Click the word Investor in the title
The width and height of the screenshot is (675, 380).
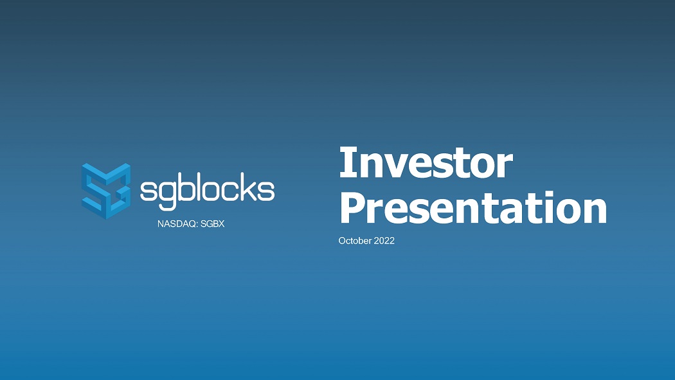[x=426, y=162]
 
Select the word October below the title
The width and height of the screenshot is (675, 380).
[x=355, y=241]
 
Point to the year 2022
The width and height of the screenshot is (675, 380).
[x=384, y=241]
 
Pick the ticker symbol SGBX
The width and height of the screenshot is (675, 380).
[x=213, y=224]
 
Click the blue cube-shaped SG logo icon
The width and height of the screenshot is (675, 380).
[x=106, y=191]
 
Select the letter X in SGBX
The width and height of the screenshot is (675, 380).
[x=222, y=224]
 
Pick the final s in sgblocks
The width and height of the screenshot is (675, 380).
[x=267, y=191]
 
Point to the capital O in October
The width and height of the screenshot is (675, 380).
[x=342, y=241]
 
